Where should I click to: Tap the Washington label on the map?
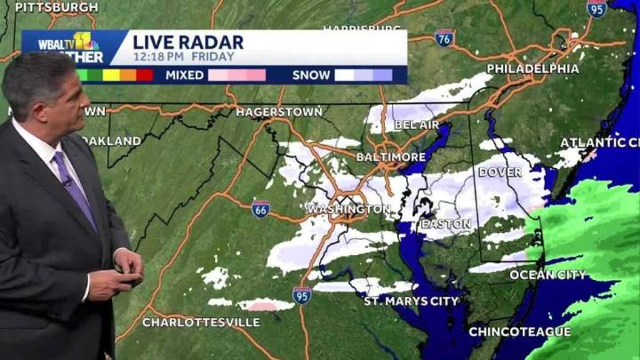click(x=348, y=209)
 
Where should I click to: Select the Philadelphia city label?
click(x=532, y=68)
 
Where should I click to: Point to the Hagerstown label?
click(x=278, y=113)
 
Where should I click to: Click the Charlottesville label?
click(x=201, y=322)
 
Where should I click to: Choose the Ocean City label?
click(x=548, y=275)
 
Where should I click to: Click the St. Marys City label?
click(x=411, y=301)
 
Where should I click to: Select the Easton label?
click(x=445, y=224)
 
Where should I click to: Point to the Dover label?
click(x=500, y=172)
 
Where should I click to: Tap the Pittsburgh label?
click(x=55, y=7)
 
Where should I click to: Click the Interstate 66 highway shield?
click(x=260, y=209)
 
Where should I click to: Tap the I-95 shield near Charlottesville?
click(x=302, y=295)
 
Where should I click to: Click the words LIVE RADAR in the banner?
click(x=188, y=42)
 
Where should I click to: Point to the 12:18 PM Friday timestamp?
click(x=184, y=57)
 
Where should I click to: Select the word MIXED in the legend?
click(x=185, y=76)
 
